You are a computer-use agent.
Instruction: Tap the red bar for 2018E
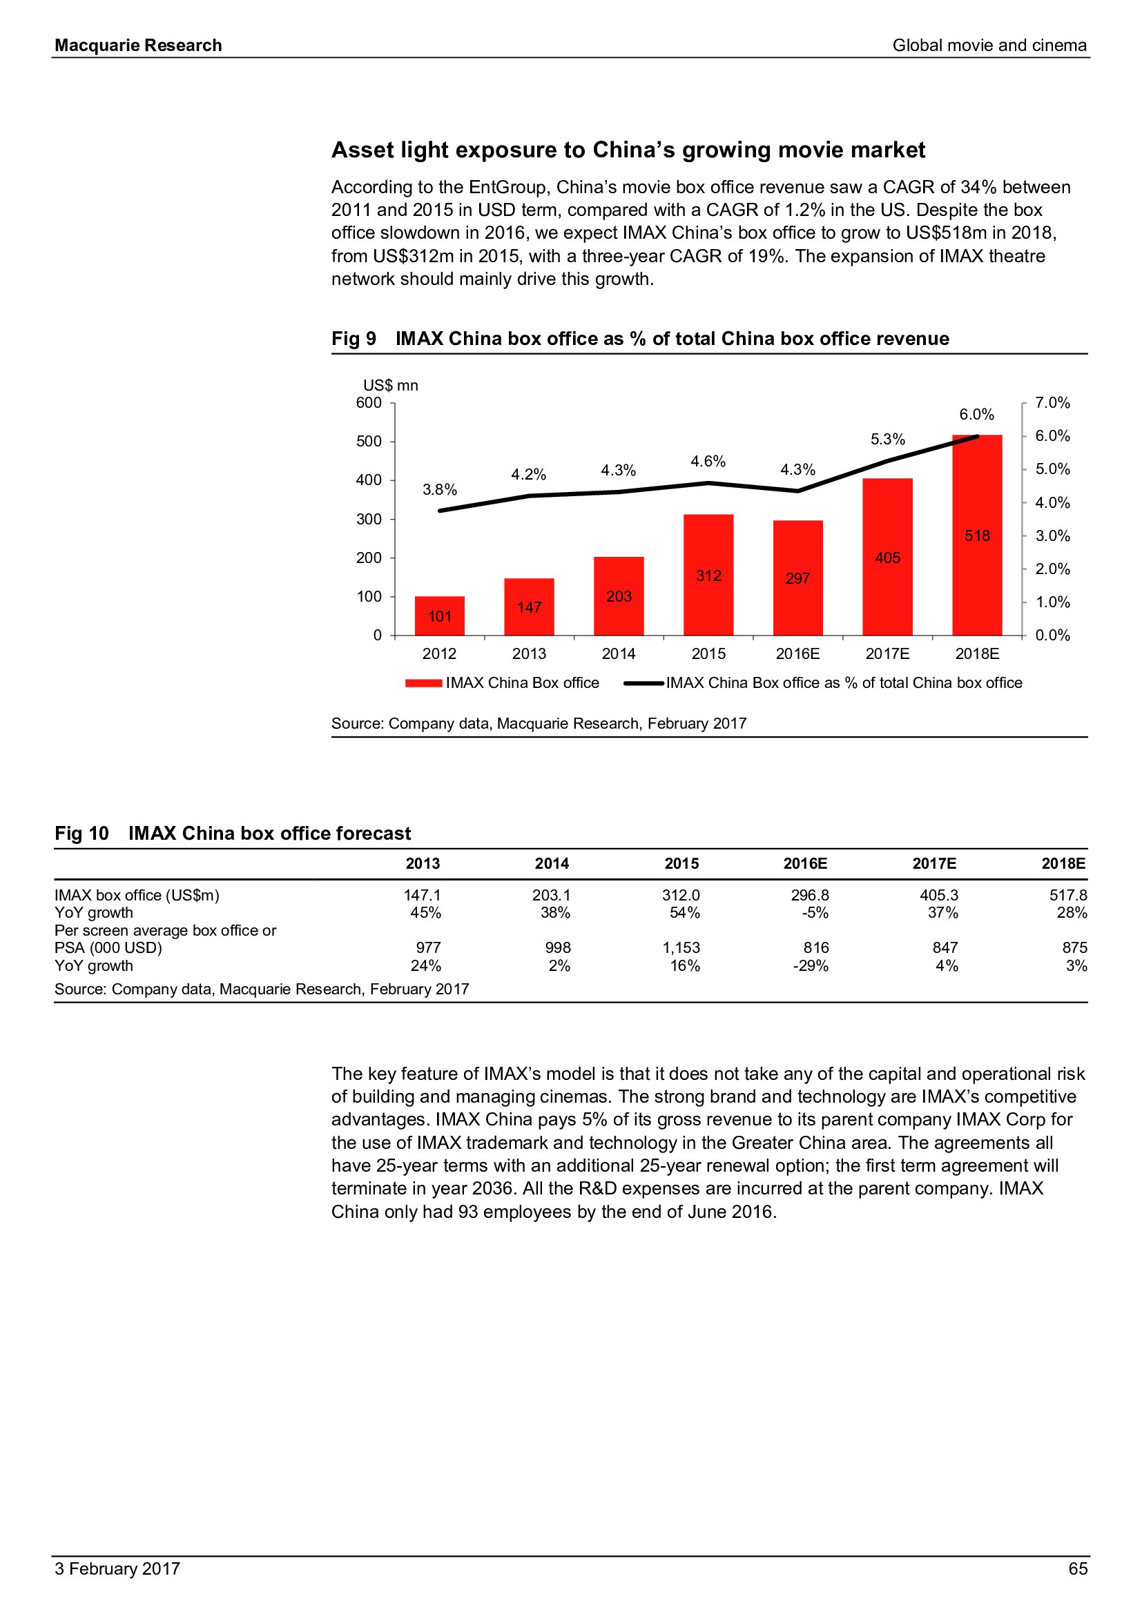pyautogui.click(x=977, y=535)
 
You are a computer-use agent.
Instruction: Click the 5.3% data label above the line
pyautogui.click(x=887, y=440)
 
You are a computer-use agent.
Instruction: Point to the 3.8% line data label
pyautogui.click(x=440, y=489)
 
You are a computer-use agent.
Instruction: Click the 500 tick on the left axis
pyautogui.click(x=369, y=442)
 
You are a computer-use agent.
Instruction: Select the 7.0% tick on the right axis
pyautogui.click(x=1052, y=403)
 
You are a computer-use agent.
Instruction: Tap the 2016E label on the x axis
pyautogui.click(x=797, y=653)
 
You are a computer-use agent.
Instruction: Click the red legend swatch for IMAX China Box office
pyautogui.click(x=423, y=682)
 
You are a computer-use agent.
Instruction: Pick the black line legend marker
pyautogui.click(x=644, y=682)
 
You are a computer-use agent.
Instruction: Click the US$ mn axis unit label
pyautogui.click(x=390, y=385)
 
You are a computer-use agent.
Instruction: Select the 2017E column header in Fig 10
pyautogui.click(x=934, y=863)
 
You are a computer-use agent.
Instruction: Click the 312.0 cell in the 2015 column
pyautogui.click(x=681, y=895)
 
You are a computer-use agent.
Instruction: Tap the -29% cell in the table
pyautogui.click(x=810, y=966)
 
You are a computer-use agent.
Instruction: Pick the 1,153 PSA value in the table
pyautogui.click(x=681, y=947)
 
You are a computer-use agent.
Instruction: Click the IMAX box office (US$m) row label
pyautogui.click(x=137, y=895)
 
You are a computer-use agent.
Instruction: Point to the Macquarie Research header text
pyautogui.click(x=139, y=46)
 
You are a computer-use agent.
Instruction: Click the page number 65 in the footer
pyautogui.click(x=1077, y=1568)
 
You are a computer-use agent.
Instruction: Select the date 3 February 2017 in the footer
pyautogui.click(x=117, y=1568)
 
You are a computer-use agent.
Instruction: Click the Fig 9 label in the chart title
pyautogui.click(x=354, y=339)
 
